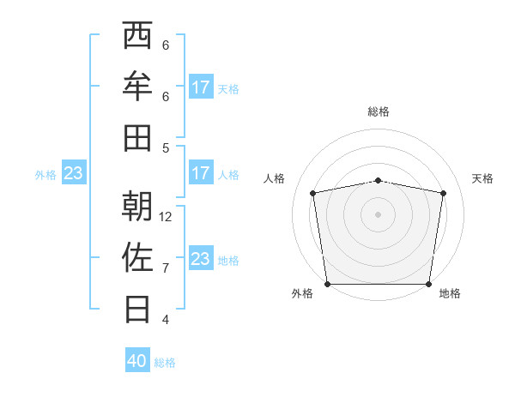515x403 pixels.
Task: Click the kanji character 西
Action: (137, 36)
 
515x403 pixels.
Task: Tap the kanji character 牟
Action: (137, 86)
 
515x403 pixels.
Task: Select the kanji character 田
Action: (137, 136)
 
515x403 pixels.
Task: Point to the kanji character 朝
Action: (137, 207)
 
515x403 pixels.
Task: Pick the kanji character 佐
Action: (137, 257)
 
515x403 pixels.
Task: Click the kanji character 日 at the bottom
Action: (137, 308)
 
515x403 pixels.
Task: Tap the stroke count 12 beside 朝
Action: (166, 216)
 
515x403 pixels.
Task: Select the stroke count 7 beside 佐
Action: (166, 268)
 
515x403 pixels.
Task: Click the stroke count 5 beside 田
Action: (166, 147)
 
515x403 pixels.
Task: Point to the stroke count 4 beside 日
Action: (166, 319)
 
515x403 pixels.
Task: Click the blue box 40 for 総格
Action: (137, 361)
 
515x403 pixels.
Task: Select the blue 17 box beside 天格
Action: (201, 87)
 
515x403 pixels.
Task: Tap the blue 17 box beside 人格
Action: (201, 173)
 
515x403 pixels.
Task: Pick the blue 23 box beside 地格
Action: (201, 259)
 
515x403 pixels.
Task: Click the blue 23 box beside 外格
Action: (74, 173)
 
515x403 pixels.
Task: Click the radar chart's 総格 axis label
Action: (378, 111)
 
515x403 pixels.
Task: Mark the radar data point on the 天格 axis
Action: (444, 193)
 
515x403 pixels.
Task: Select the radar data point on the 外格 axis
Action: (327, 284)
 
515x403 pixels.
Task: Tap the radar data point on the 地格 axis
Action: (428, 284)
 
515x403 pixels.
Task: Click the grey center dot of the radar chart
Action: (378, 214)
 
